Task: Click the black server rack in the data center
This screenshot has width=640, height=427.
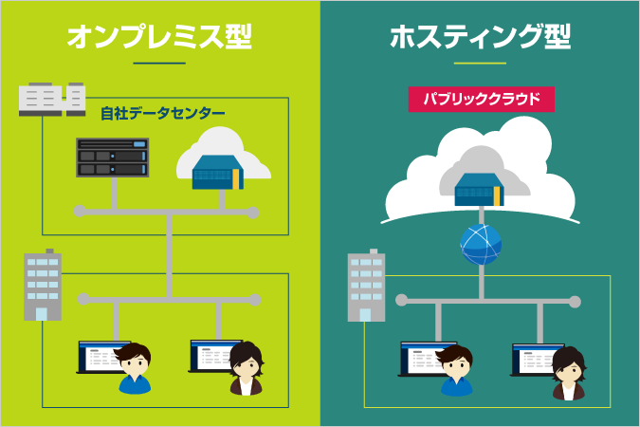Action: tap(113, 158)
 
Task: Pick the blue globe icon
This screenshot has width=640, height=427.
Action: tap(480, 246)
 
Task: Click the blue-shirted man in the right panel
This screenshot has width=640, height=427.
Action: tap(456, 371)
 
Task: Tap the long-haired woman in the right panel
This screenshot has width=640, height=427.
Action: tap(569, 372)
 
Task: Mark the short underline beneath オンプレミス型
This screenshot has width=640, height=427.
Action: tap(159, 64)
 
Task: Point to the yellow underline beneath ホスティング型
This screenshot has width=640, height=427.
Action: tap(480, 64)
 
